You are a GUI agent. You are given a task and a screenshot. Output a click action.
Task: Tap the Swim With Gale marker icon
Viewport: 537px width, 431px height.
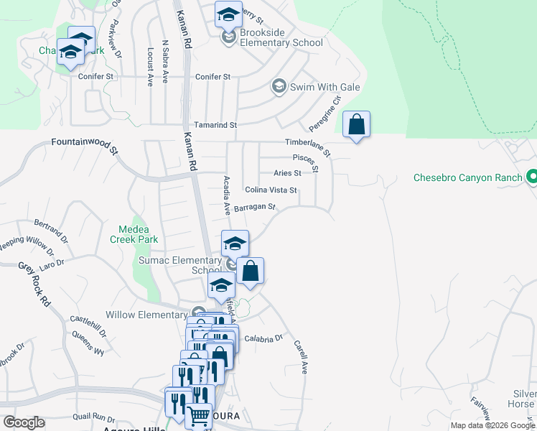(x=279, y=87)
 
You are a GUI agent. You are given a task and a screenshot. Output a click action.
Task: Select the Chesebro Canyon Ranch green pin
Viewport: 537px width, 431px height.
(x=532, y=176)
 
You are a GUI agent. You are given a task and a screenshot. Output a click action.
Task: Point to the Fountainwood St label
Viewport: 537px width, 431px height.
(x=84, y=145)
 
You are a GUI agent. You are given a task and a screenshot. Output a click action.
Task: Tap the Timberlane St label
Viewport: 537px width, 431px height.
(x=307, y=147)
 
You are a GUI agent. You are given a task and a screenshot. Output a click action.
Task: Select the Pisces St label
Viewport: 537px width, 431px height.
(x=304, y=158)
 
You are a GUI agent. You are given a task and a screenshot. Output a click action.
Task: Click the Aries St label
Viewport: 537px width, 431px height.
(x=287, y=173)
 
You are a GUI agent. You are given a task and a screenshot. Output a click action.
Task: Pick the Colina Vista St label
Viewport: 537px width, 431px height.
(x=271, y=190)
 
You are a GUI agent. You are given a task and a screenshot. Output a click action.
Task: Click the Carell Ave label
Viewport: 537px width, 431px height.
(x=300, y=357)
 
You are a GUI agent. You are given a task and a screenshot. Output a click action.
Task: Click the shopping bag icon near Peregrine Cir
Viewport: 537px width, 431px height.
(x=357, y=125)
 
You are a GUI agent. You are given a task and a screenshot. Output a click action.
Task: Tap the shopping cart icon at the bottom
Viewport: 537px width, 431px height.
(x=199, y=415)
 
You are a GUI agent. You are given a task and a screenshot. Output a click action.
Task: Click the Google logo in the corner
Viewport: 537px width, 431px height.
(x=24, y=422)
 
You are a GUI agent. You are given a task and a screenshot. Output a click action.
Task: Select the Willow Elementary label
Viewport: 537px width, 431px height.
(x=146, y=315)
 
